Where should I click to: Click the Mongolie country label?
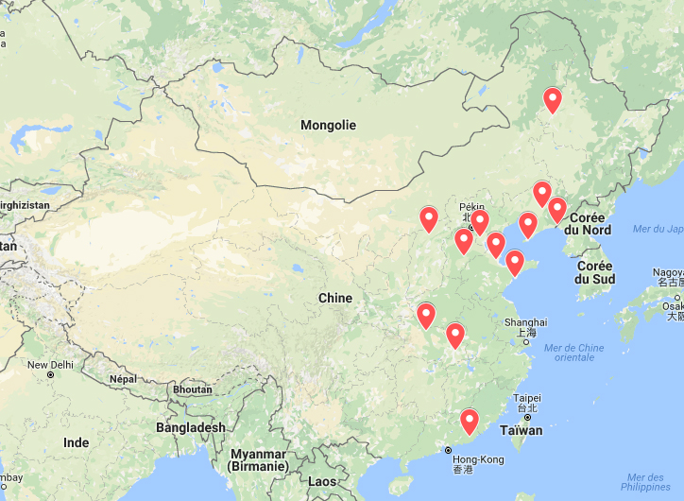[x=328, y=125]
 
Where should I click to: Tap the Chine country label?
[x=334, y=298]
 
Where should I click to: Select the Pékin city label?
[x=470, y=207]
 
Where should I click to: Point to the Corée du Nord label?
[x=588, y=223]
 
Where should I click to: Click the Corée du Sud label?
[x=595, y=272]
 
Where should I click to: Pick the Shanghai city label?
[x=525, y=321]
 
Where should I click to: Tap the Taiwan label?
[x=522, y=430]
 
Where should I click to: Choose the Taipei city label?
[x=527, y=398]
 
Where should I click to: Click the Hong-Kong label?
[x=478, y=459]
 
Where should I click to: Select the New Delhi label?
[x=50, y=364]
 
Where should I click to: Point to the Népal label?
[x=124, y=379]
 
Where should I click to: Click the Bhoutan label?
[x=193, y=389]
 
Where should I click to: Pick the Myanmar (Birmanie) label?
[x=258, y=459]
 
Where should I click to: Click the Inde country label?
[x=76, y=442]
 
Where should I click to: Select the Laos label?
[x=322, y=481]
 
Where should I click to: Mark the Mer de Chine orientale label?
[x=574, y=353]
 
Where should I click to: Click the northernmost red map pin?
[x=553, y=99]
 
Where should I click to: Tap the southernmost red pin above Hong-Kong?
[x=469, y=421]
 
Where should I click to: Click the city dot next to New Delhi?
[x=50, y=375]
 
